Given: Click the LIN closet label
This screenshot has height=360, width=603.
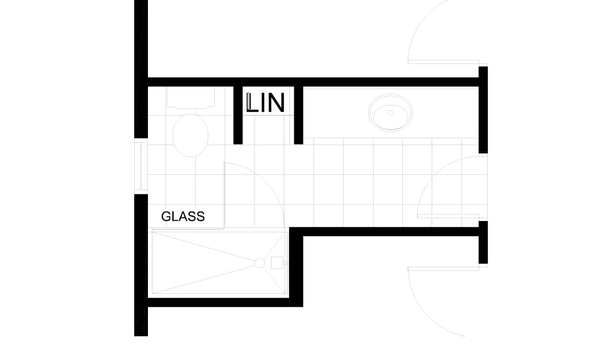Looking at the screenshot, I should coord(265,103).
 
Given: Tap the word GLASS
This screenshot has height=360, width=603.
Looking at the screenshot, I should coord(183,217).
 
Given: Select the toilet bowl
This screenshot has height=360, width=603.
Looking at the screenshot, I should coord(191,135).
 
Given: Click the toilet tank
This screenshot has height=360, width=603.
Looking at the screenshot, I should coord(191,98).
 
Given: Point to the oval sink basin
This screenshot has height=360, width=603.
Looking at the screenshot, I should coord(390,113).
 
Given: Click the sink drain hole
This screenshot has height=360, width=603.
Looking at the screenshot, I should coord(391,113).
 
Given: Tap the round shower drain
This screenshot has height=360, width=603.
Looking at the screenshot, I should coord(260,263).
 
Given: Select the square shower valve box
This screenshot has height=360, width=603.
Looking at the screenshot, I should coord(277,263).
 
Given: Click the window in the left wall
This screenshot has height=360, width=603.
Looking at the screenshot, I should coord(141,166).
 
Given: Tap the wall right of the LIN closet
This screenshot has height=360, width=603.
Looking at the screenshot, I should coord(298,115).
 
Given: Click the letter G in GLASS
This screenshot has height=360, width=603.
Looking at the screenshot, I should coord(166,217).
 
